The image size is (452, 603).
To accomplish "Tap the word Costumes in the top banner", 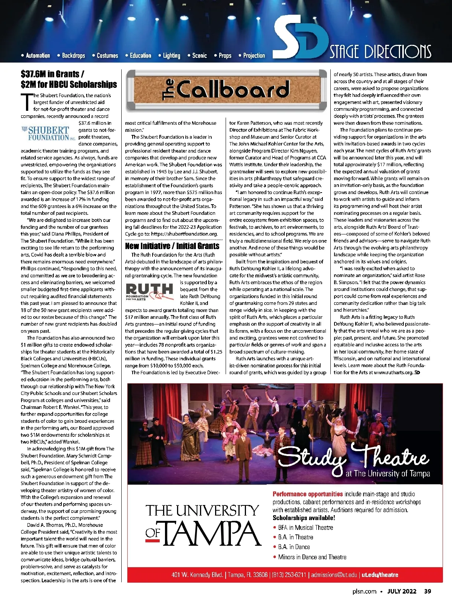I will point(107,56).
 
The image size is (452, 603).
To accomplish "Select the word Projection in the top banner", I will point(254,56).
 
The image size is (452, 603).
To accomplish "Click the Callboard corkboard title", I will point(226,90).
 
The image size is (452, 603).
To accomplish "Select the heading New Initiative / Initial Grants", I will point(172,246).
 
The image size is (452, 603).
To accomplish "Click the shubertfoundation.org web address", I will point(185,234).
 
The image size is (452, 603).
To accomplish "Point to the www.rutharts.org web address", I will point(393,372).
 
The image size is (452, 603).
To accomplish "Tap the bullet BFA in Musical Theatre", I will point(305,528).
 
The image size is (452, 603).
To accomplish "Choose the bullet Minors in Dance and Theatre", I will point(312,557).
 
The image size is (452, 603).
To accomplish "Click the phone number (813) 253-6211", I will point(289,575).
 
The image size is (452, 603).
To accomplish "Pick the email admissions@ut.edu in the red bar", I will point(334,575).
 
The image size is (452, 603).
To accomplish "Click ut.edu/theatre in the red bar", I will point(380,575).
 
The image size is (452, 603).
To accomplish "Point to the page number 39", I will point(428,591).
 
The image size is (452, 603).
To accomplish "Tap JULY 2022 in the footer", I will point(402,591).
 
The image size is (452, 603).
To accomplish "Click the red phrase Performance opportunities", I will point(308,494).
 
